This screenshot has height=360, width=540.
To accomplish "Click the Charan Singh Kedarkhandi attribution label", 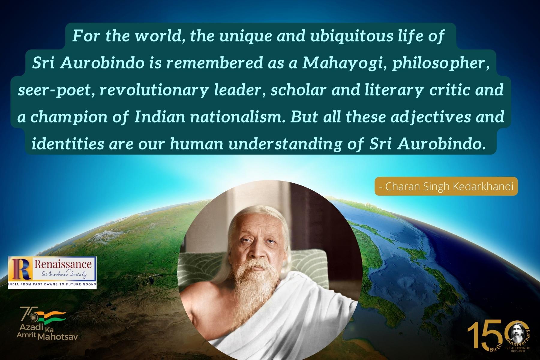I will (x=446, y=186).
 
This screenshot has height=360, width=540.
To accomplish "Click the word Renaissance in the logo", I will (x=63, y=265).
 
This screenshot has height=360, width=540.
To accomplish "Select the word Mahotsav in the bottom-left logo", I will (x=58, y=336).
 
